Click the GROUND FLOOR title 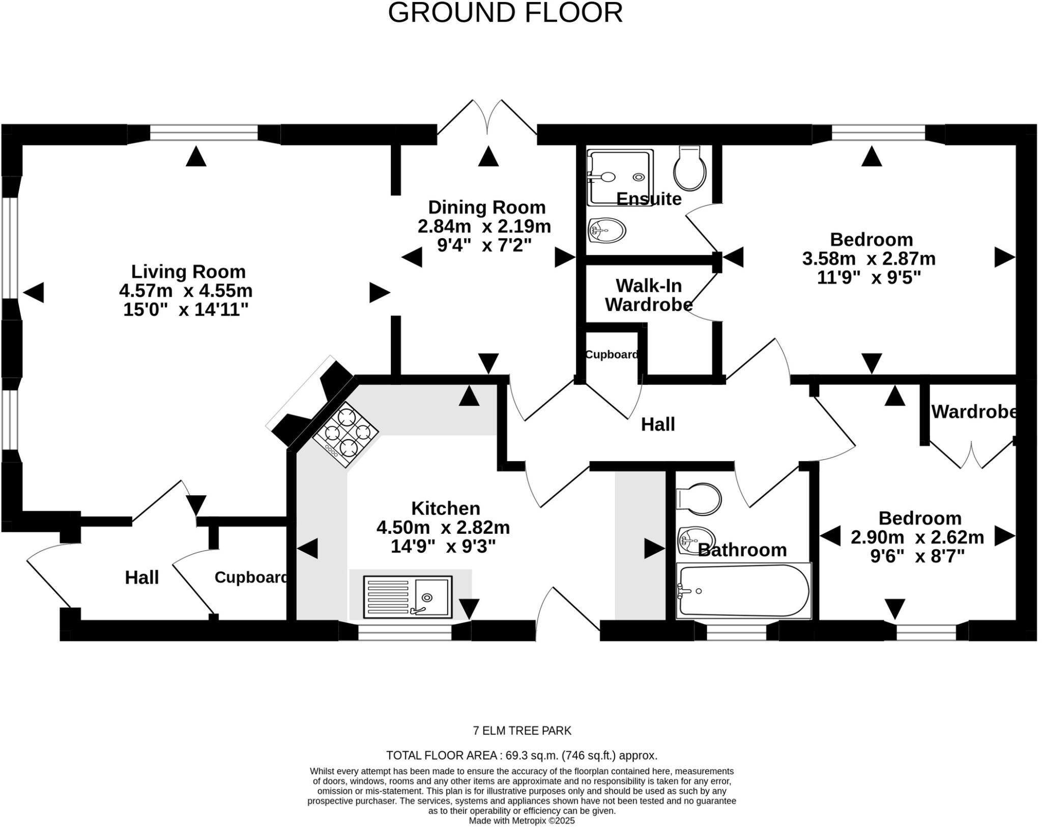[x=505, y=13]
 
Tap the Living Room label [x=188, y=271]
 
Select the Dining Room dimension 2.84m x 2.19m [x=484, y=226]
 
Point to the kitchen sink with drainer [x=408, y=597]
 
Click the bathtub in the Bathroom [x=743, y=590]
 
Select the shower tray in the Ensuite [x=619, y=177]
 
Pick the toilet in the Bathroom [x=699, y=499]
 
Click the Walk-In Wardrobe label [x=648, y=295]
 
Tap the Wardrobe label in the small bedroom [x=973, y=412]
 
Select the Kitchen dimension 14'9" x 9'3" [x=443, y=547]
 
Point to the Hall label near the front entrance [x=142, y=578]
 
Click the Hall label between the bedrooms [x=657, y=424]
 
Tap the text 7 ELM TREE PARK [x=522, y=731]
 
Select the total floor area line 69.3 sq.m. [x=522, y=755]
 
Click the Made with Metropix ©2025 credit [x=522, y=821]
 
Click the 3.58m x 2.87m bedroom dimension [x=869, y=259]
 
